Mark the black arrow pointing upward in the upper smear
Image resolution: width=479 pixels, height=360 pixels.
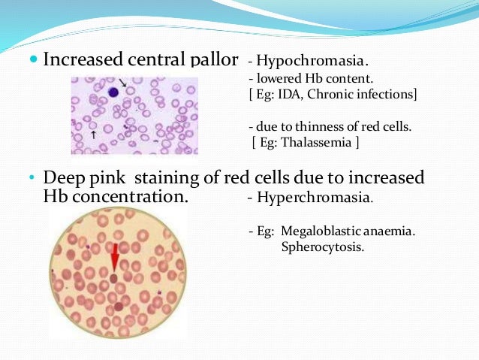coord(93,135)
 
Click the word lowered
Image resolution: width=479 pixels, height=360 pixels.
coord(275,77)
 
